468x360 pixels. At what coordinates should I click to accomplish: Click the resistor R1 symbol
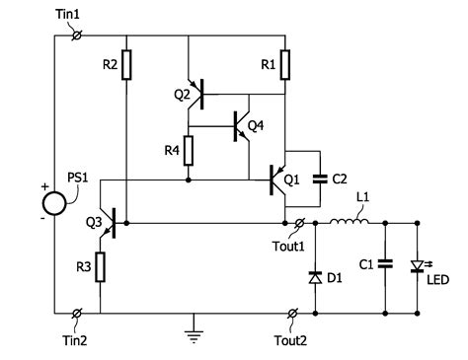[284, 65]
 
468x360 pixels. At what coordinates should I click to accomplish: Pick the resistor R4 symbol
[188, 151]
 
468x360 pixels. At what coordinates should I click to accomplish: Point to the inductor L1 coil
[349, 224]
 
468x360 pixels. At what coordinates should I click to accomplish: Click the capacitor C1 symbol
[386, 263]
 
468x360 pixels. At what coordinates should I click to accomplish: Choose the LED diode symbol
[418, 264]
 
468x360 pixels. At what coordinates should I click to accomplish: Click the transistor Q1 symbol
[278, 180]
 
